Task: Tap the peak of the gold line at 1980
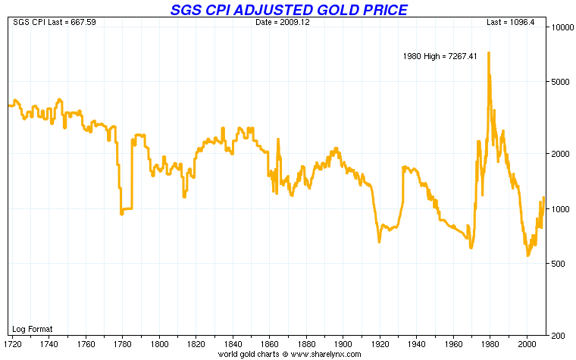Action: point(489,53)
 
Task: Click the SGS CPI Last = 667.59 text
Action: point(45,22)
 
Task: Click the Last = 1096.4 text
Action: point(512,22)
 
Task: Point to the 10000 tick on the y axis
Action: point(560,27)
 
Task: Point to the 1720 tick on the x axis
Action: point(13,343)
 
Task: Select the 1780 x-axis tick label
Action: point(122,343)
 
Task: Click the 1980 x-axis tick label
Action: point(490,343)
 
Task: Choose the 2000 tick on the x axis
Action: point(527,343)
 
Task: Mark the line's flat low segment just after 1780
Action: point(127,208)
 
